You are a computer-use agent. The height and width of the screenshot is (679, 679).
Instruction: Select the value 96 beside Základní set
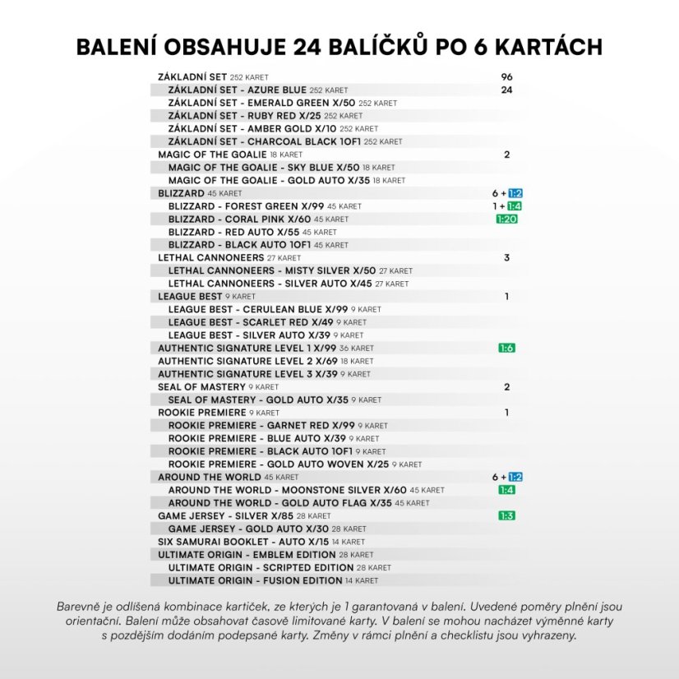tap(506, 76)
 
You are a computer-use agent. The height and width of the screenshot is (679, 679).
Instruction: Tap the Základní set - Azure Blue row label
tap(237, 90)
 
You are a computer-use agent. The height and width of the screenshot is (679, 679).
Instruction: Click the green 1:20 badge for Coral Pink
tap(506, 219)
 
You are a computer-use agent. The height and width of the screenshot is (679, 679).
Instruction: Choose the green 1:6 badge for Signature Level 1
tap(506, 348)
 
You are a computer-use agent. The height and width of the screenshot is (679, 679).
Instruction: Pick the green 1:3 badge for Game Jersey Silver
tap(506, 515)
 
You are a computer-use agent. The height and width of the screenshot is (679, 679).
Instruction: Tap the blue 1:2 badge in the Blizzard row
tap(515, 193)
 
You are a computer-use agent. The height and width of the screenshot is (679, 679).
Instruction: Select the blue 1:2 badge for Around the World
tap(515, 477)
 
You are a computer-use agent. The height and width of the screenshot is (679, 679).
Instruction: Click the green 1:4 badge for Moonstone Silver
tap(506, 490)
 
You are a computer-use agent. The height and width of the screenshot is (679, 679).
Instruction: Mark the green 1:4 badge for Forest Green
tap(515, 206)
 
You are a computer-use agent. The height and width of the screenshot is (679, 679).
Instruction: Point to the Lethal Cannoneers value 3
tap(506, 257)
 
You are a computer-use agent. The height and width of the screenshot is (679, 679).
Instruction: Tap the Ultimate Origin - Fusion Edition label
tap(255, 580)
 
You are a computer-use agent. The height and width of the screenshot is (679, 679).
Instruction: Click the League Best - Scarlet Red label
tap(251, 322)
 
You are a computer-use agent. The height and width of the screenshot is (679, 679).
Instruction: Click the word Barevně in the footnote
tap(80, 606)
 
